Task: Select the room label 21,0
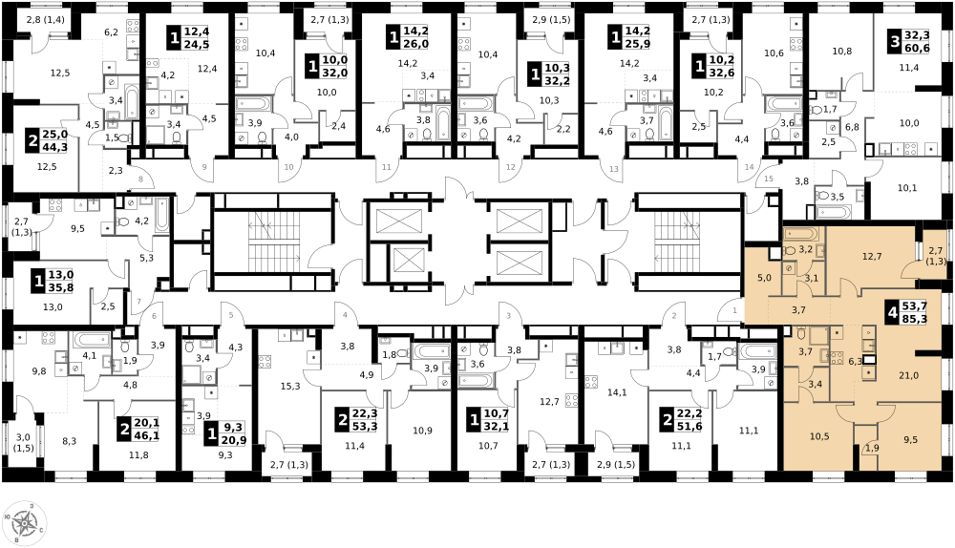[908, 376]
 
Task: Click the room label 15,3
[290, 386]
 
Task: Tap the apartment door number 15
[769, 179]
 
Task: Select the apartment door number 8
[140, 179]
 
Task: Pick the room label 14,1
[617, 392]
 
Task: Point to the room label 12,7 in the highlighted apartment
[872, 257]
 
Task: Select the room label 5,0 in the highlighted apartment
[764, 278]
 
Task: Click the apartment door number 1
[734, 310]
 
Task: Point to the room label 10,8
[841, 52]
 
